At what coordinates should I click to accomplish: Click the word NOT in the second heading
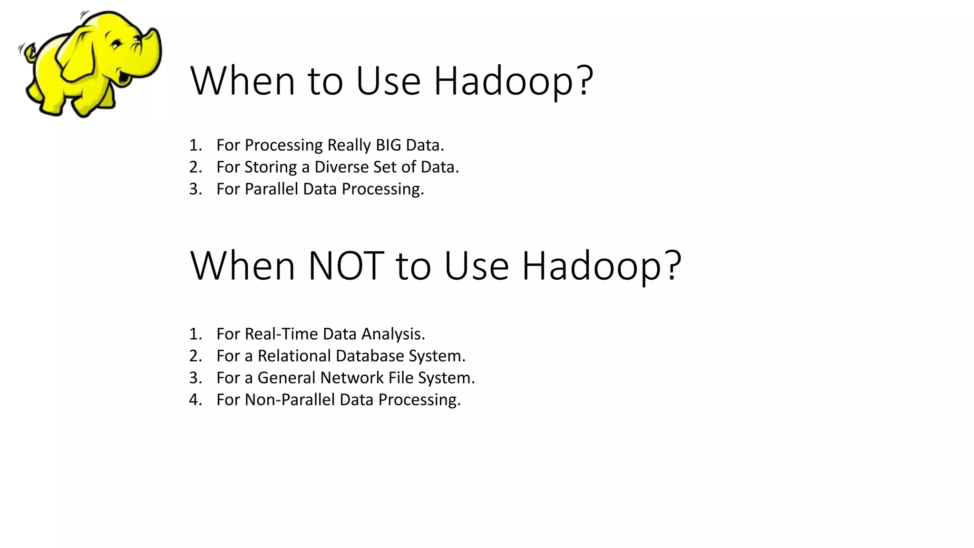coord(346,266)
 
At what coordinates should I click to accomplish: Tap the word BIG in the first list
coord(388,145)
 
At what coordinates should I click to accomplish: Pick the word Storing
coord(271,167)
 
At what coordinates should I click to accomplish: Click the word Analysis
coord(393,334)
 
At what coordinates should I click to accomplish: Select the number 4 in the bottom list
coord(195,400)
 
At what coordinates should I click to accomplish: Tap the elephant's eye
coord(116,45)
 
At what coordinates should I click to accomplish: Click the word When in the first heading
coord(243,81)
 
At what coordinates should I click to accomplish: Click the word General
coord(287,378)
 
